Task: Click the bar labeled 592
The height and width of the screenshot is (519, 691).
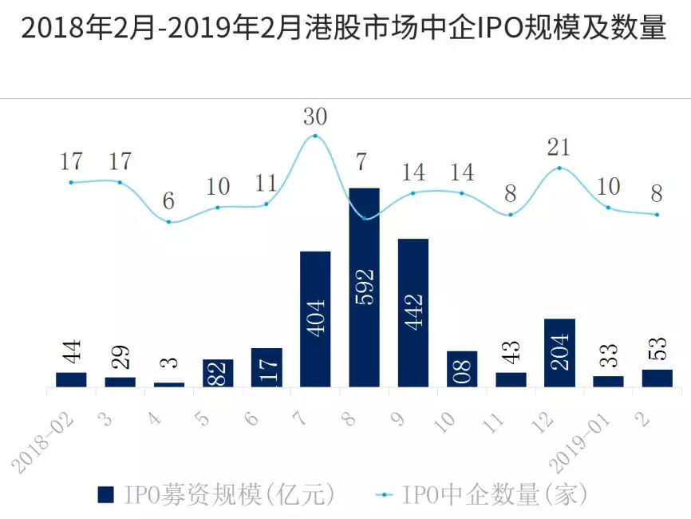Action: point(364,287)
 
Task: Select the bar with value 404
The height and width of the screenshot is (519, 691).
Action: point(315,319)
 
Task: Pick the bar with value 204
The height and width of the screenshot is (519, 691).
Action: point(559,353)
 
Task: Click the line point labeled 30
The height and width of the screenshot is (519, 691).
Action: point(315,136)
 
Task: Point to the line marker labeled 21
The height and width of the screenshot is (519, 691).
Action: point(559,168)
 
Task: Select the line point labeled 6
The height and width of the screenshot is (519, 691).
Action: point(168,221)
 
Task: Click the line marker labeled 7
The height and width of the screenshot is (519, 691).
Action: point(365,218)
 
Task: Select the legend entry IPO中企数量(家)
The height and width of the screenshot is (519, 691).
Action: point(484,495)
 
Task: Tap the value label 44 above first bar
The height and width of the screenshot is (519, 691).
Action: point(71,349)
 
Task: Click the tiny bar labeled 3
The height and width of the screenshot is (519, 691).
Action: point(168,385)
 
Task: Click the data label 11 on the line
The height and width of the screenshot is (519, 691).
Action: point(267,184)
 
